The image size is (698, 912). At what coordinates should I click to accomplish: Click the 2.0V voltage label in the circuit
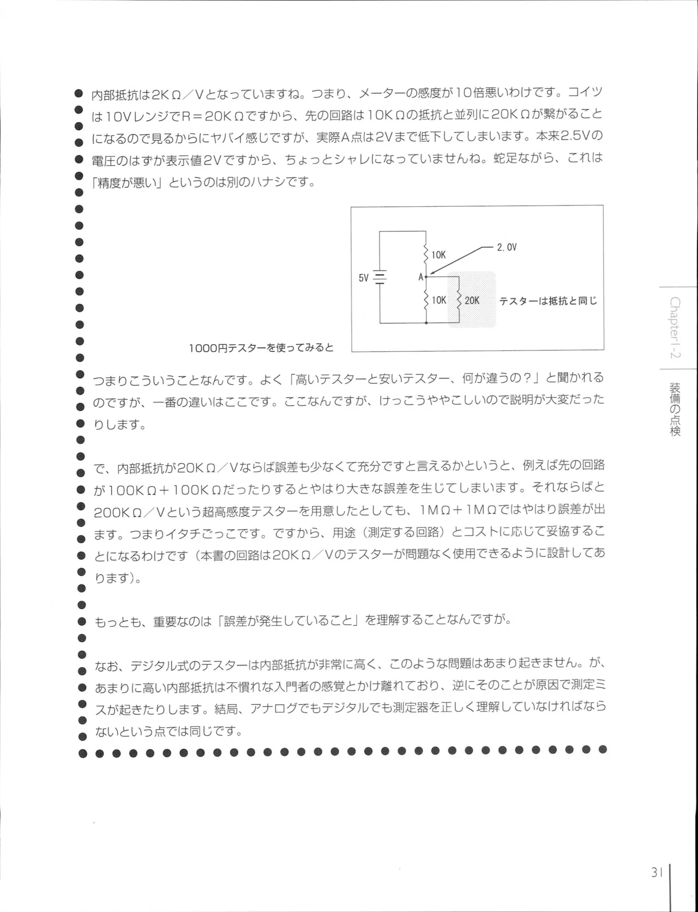507,247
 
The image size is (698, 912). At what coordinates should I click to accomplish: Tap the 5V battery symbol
380,278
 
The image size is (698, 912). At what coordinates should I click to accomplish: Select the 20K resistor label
472,301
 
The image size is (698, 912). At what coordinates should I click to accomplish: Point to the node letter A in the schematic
420,277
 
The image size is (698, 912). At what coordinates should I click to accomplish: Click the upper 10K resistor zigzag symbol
426,254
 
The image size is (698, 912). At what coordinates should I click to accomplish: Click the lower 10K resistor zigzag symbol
426,300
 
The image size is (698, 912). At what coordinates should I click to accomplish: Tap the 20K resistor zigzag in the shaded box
459,300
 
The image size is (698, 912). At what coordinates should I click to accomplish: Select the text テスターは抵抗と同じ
548,301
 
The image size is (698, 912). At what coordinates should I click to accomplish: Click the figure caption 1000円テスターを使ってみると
261,347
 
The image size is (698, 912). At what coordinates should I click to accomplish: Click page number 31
656,872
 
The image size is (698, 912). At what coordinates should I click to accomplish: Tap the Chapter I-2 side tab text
675,328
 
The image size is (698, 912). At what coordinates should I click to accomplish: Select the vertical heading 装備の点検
675,409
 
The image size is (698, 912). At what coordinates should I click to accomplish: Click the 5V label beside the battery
364,278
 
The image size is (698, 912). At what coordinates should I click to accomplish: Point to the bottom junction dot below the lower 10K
426,323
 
